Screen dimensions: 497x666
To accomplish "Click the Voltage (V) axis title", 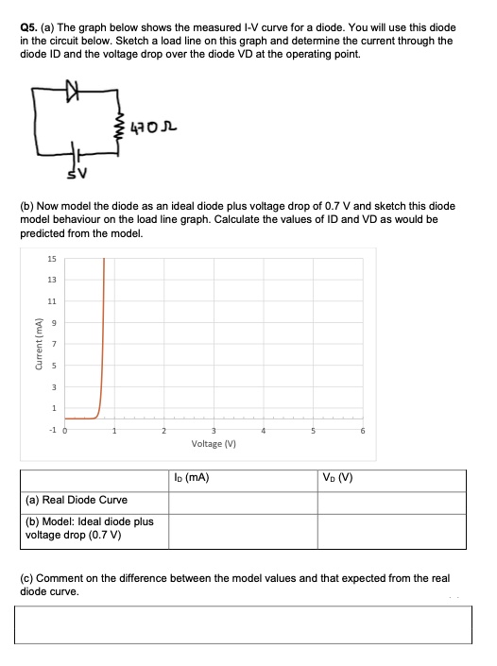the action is click(x=213, y=443).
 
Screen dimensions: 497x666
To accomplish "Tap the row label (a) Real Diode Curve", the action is click(x=75, y=500).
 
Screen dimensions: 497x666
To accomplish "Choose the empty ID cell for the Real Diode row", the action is click(x=244, y=500).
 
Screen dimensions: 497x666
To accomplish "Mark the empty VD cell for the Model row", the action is click(x=391, y=529).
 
